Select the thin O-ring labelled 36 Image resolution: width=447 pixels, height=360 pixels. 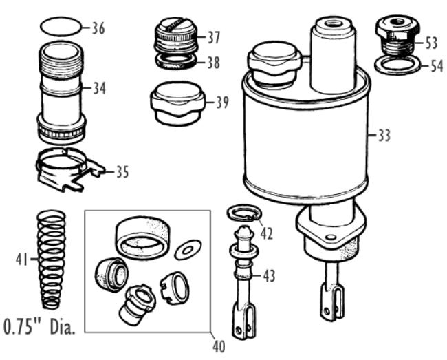point(61,27)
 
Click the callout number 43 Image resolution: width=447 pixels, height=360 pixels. point(268,276)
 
